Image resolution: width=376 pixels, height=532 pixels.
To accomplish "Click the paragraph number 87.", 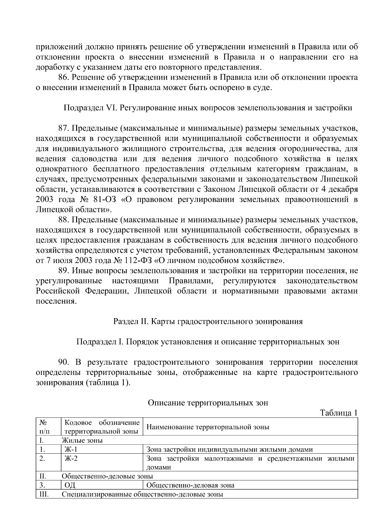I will tap(63, 128).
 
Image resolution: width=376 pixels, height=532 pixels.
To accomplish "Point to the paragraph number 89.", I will tap(63, 271).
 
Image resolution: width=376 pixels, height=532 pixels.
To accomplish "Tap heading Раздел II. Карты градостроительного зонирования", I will tap(208, 322).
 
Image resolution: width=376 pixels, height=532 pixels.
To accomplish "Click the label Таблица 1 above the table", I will tap(338, 413).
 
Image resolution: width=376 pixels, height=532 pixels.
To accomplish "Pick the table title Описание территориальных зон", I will tap(208, 403).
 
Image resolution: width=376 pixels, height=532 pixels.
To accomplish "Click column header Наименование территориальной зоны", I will tap(208, 427).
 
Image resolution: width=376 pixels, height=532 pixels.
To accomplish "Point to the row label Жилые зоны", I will tap(82, 440).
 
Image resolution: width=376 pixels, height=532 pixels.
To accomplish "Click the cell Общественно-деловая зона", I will tap(190, 486).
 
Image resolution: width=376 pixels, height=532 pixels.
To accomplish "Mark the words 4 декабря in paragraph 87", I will tap(340, 190).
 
